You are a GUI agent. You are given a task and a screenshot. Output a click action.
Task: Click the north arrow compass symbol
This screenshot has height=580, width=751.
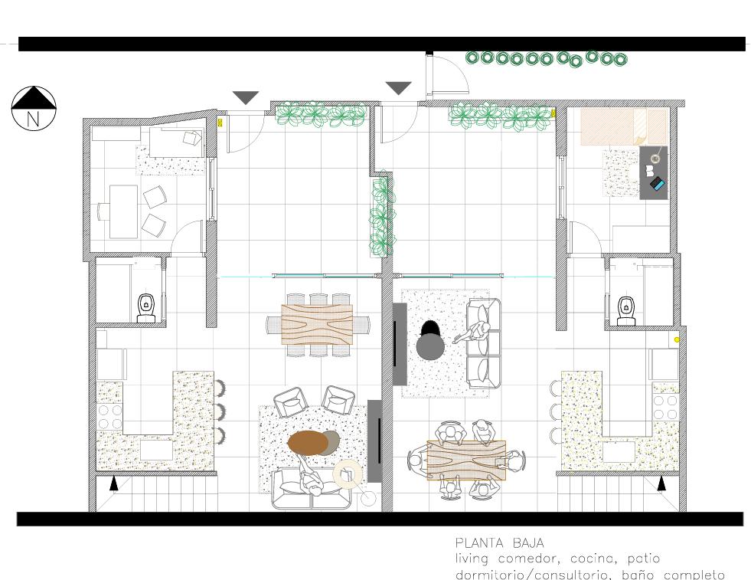coord(34,108)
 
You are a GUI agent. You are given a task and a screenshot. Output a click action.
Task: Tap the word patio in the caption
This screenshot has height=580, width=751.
coord(644,559)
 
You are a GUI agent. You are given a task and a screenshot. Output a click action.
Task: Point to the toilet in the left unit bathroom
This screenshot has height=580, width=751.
coord(146,308)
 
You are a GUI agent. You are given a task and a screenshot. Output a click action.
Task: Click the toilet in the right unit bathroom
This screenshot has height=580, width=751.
coord(626,310)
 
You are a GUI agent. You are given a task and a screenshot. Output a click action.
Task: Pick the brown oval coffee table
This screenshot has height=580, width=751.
coord(307,443)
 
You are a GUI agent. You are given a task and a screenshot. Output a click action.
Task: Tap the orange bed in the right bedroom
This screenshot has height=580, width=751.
coord(624,127)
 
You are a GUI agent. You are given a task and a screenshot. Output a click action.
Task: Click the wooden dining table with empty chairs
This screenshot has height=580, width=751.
coord(317,325)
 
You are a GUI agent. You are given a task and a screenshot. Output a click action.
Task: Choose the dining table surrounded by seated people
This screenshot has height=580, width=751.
coord(466,460)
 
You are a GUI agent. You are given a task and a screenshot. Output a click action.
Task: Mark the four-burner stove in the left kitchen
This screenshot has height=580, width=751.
coord(110,417)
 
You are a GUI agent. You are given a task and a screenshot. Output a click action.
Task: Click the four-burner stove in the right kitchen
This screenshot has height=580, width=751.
coord(666,407)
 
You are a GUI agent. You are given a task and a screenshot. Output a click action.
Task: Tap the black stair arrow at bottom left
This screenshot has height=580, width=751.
coord(113,483)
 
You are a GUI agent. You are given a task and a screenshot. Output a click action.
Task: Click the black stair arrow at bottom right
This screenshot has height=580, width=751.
coord(661,483)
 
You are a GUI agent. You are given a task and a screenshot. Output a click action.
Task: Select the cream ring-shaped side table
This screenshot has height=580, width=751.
coord(348,474)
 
